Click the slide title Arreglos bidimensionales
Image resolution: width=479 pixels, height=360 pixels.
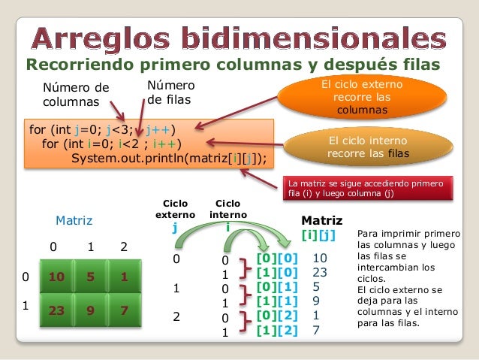239,36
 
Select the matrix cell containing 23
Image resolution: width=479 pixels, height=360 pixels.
56,308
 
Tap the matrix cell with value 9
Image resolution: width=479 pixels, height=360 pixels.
91,308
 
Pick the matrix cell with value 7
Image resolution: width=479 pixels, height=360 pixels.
124,308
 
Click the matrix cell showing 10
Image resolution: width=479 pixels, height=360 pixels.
56,277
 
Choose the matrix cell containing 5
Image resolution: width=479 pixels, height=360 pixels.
91,277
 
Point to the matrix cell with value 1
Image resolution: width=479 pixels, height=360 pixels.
124,277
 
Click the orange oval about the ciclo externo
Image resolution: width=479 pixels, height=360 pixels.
362,98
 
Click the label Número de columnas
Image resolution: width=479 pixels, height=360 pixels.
75,94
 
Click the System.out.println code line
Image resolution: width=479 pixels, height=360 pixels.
168,159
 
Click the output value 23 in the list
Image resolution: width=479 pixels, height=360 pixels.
320,272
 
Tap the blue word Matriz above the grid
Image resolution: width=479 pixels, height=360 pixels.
74,221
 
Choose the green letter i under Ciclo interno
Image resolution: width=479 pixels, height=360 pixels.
227,227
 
